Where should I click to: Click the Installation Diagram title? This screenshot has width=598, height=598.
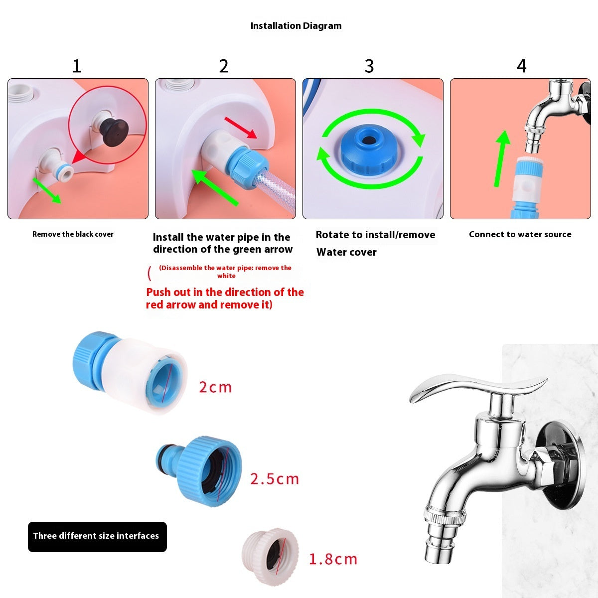click(x=296, y=26)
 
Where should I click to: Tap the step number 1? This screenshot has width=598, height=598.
click(x=77, y=66)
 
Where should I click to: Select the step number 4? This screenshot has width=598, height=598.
click(x=521, y=66)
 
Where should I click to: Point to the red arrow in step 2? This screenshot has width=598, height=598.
click(x=241, y=128)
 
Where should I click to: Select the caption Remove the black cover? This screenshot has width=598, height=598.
click(x=73, y=234)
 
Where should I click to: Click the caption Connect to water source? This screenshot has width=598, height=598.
click(x=520, y=234)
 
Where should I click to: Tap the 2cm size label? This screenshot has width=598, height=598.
click(x=215, y=387)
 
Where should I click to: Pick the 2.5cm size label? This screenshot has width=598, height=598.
click(x=275, y=479)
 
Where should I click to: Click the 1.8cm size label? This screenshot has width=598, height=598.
click(x=333, y=559)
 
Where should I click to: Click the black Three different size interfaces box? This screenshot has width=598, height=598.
click(x=97, y=536)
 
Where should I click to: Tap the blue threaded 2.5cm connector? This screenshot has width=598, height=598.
click(x=202, y=471)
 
